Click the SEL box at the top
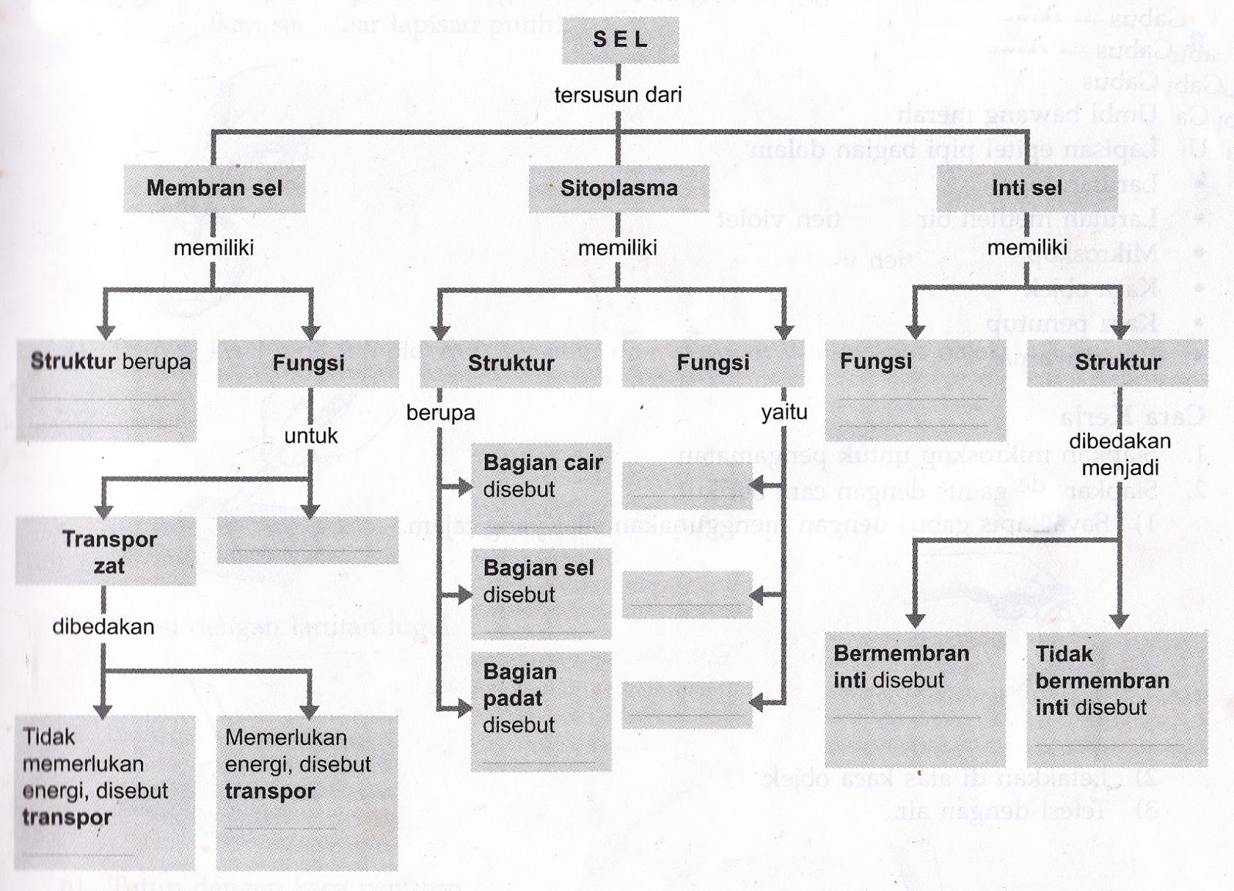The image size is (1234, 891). click(x=620, y=40)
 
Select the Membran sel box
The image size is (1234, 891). click(x=214, y=188)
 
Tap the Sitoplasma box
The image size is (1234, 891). click(x=619, y=188)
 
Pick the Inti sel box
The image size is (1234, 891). click(x=1027, y=188)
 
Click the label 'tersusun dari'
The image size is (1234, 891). click(x=619, y=95)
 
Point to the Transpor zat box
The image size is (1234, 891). click(x=106, y=552)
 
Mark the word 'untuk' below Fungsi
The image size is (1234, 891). click(x=311, y=436)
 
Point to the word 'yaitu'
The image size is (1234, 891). click(x=784, y=413)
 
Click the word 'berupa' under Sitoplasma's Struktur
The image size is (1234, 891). click(x=440, y=413)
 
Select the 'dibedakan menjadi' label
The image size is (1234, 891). click(x=1120, y=454)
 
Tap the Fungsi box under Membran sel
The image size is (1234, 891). click(x=308, y=363)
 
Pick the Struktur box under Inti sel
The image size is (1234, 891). click(x=1118, y=363)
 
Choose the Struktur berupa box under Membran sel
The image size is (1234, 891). click(x=106, y=390)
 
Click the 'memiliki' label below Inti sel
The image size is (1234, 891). click(x=1027, y=248)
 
